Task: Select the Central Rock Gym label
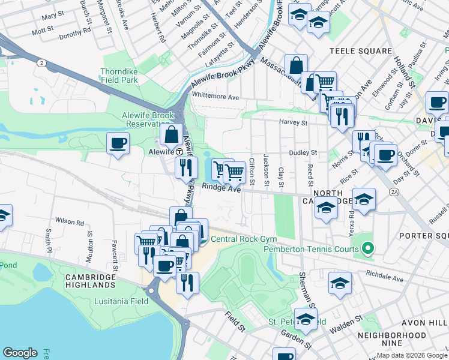click(x=240, y=239)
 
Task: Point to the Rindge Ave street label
click(x=221, y=188)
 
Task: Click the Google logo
click(x=20, y=353)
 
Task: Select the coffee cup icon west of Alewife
click(x=118, y=143)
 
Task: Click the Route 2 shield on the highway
click(x=41, y=62)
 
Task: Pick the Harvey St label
click(x=293, y=122)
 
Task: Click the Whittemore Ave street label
click(x=215, y=97)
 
